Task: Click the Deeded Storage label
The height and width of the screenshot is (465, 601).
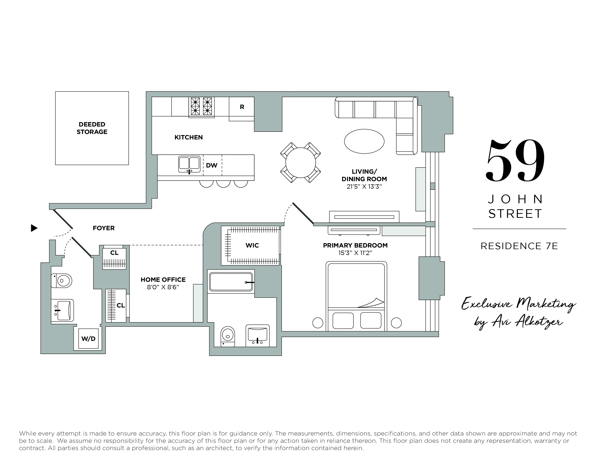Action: tap(92, 128)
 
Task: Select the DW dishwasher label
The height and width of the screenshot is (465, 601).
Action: tap(212, 165)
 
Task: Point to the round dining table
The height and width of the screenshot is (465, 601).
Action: tap(300, 163)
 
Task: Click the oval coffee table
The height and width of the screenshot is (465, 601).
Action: tap(364, 141)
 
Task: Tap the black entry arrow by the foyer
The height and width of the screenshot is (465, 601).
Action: tap(34, 228)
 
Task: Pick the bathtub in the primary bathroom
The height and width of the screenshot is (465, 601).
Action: tap(231, 282)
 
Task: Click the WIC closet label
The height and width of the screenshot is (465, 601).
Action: tap(252, 246)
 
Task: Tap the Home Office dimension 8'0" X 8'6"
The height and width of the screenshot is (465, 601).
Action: tap(163, 287)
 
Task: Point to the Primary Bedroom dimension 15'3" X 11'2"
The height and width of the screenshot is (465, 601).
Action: tap(355, 253)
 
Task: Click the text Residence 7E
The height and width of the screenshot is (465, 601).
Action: tap(519, 246)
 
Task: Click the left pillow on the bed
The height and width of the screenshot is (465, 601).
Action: tap(343, 321)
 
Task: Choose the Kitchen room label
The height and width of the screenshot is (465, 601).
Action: tap(188, 137)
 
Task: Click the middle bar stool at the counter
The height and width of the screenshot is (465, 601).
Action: tap(223, 184)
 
